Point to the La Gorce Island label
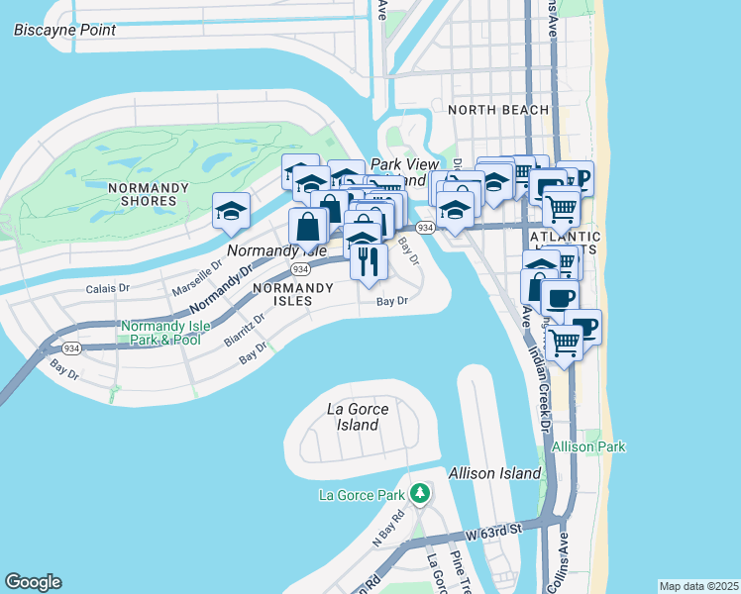click(x=358, y=417)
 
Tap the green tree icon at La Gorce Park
click(x=420, y=492)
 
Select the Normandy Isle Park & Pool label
click(x=160, y=333)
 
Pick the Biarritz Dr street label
click(x=246, y=326)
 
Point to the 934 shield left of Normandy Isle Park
click(x=71, y=348)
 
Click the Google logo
click(x=33, y=581)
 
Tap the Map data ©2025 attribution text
click(x=698, y=586)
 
